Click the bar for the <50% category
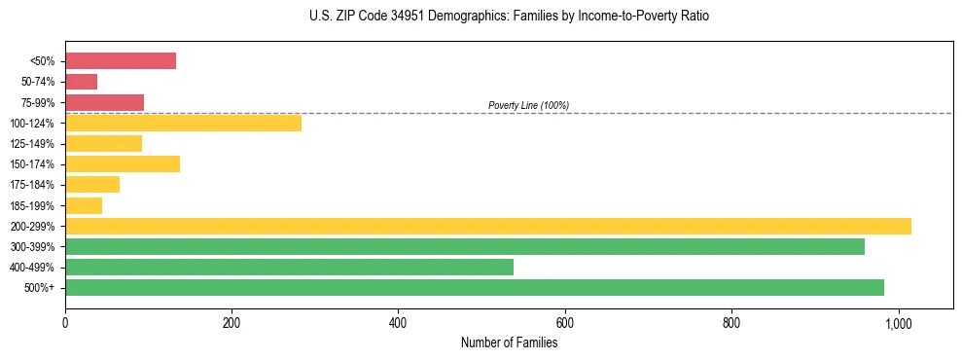121,61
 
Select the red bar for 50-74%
81,82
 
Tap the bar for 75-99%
104,102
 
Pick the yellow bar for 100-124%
183,123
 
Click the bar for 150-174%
123,163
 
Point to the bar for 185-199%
84,205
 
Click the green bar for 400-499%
289,267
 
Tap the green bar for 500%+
475,287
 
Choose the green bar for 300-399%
465,246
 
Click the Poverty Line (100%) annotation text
528,105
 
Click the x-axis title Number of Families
509,342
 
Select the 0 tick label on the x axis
65,322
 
